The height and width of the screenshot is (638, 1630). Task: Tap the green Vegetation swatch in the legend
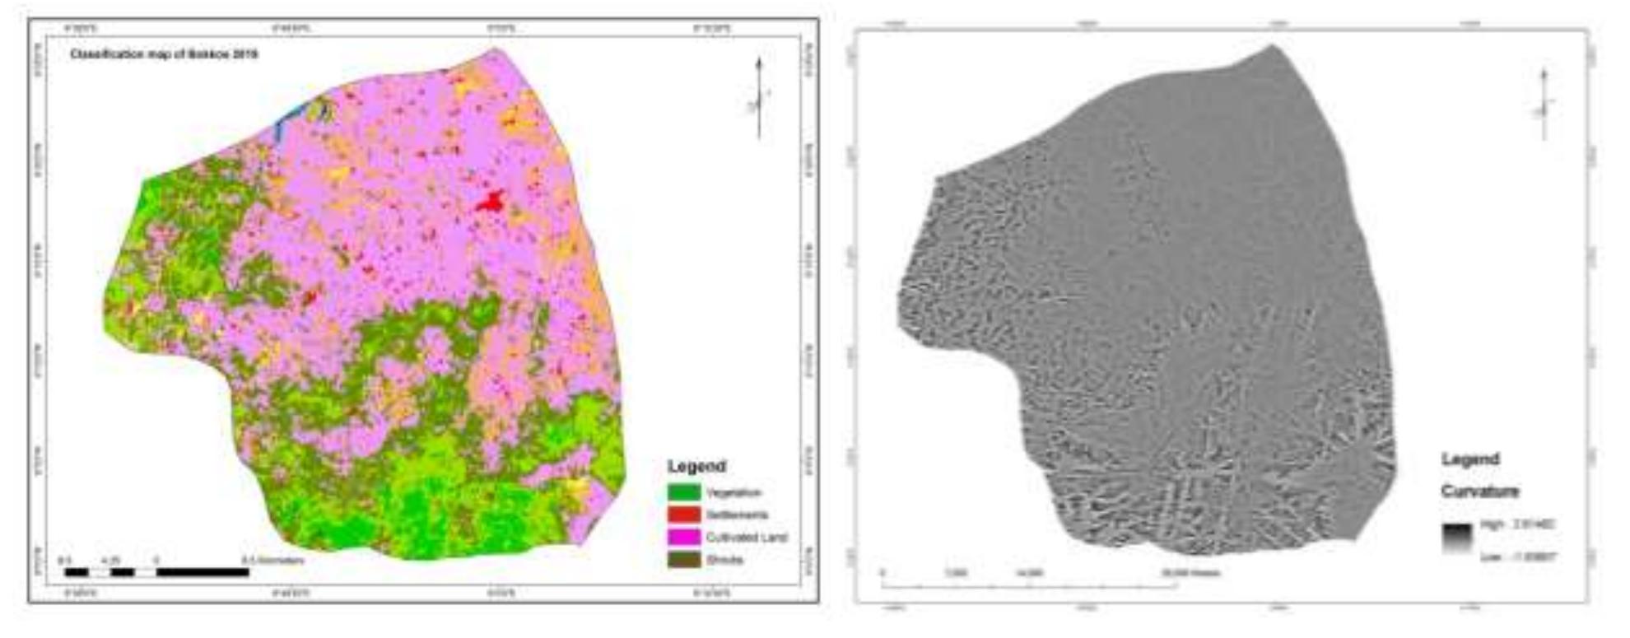tap(683, 493)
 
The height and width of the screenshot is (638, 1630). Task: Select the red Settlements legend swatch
tap(683, 515)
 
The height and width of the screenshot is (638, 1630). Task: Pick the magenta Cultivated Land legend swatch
tap(683, 538)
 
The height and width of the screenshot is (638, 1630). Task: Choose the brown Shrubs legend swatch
tap(683, 560)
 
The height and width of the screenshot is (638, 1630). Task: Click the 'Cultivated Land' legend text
tap(747, 538)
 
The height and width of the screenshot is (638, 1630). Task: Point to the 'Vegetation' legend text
tap(733, 493)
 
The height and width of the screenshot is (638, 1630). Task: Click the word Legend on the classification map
tap(696, 466)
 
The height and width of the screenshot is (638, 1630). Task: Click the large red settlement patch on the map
tap(491, 201)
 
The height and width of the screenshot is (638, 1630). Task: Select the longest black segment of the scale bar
tap(203, 572)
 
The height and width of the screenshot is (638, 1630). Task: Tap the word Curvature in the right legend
tap(1479, 491)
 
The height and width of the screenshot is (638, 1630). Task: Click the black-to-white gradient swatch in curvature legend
tap(1456, 537)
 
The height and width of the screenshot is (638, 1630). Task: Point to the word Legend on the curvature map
tap(1470, 459)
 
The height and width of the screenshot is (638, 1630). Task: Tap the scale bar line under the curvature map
tap(1029, 586)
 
